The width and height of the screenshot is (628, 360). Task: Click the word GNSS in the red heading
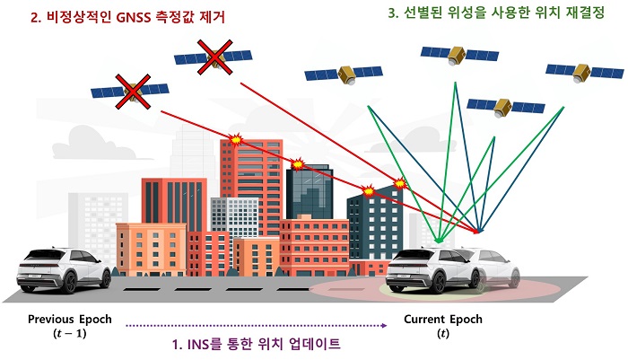[130, 17]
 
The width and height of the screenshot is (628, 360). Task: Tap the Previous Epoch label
[70, 319]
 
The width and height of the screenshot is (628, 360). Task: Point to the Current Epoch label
[443, 319]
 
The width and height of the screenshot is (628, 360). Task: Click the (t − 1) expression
[70, 333]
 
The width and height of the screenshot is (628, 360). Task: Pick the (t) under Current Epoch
[443, 333]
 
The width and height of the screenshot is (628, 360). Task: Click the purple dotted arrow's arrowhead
[385, 326]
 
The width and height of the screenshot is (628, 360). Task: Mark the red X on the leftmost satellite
[133, 92]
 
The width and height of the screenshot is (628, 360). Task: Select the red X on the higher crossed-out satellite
[215, 57]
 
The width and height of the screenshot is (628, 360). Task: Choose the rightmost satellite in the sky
[585, 73]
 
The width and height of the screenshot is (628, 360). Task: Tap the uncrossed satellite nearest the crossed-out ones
[344, 74]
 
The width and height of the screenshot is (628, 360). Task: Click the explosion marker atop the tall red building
[236, 139]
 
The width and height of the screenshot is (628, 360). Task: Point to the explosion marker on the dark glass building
[298, 164]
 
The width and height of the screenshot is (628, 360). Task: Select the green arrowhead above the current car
[439, 240]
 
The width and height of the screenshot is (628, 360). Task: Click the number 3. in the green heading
[393, 13]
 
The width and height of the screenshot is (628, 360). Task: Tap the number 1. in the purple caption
[178, 344]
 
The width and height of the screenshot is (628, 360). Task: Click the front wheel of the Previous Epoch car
[68, 282]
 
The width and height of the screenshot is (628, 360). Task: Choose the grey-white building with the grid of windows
[235, 215]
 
